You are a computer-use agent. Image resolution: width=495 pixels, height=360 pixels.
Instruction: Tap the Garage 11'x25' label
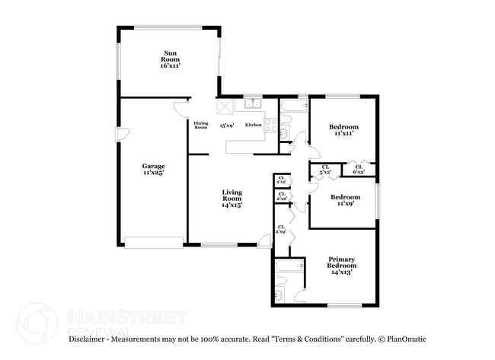(153, 169)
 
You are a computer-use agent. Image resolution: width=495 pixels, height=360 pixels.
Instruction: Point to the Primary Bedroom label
(340, 265)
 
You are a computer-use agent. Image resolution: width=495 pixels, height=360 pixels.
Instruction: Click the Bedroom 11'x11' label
(343, 129)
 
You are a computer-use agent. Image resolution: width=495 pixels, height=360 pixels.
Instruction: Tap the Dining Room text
(200, 125)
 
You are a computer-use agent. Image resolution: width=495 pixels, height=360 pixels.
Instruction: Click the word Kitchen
(253, 125)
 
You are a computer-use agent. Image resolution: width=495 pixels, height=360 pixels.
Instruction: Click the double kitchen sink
(253, 104)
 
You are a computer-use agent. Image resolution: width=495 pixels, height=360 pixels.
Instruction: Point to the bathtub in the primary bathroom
(289, 267)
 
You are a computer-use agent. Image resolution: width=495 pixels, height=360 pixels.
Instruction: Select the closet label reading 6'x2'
(358, 169)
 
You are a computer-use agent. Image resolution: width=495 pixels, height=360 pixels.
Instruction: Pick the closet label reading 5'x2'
(325, 169)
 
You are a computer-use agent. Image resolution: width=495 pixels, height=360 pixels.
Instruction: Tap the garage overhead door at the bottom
(153, 243)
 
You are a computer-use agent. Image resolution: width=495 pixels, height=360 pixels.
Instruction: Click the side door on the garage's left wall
(120, 135)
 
